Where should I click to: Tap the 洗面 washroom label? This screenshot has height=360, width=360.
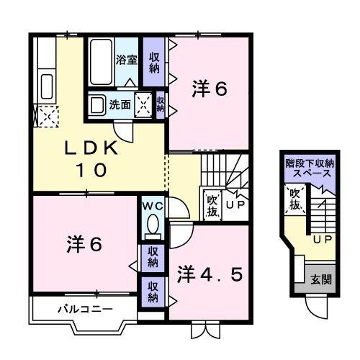pos(120,104)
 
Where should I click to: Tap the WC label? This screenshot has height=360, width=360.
pos(152,205)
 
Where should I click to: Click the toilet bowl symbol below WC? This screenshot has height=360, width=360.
pos(152,227)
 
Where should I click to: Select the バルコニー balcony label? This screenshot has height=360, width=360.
pos(85,310)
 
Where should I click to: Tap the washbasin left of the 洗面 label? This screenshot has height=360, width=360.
pos(97,104)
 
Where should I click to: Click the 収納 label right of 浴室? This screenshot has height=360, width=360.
pos(154,62)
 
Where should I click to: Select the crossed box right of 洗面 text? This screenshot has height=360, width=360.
pos(144,104)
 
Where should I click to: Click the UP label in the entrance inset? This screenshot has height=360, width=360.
pos(321,238)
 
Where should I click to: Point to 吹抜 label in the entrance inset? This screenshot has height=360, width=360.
pos(294,199)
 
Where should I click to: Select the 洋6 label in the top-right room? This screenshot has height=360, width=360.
pos(210,90)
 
